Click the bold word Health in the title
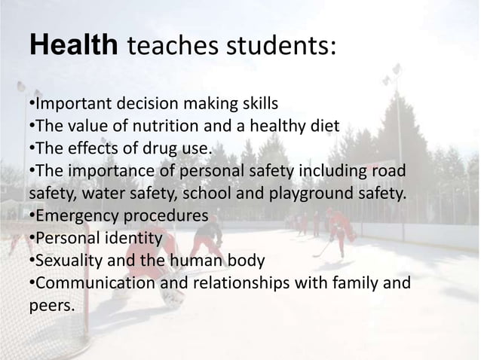pos(73,47)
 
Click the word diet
pos(323,125)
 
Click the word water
pos(100,193)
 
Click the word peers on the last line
pos(51,307)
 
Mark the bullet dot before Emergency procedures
pos(32,216)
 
